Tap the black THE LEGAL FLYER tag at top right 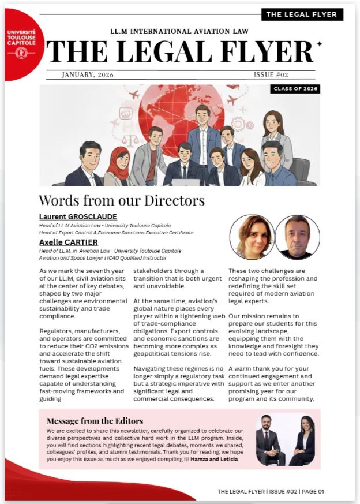(x=302, y=14)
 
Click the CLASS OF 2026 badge (x=295, y=89)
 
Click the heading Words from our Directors (x=121, y=200)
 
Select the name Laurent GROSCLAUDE (x=78, y=217)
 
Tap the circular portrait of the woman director (x=251, y=237)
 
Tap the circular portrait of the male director (x=297, y=237)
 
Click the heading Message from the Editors (x=95, y=421)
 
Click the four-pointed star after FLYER (x=320, y=44)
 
